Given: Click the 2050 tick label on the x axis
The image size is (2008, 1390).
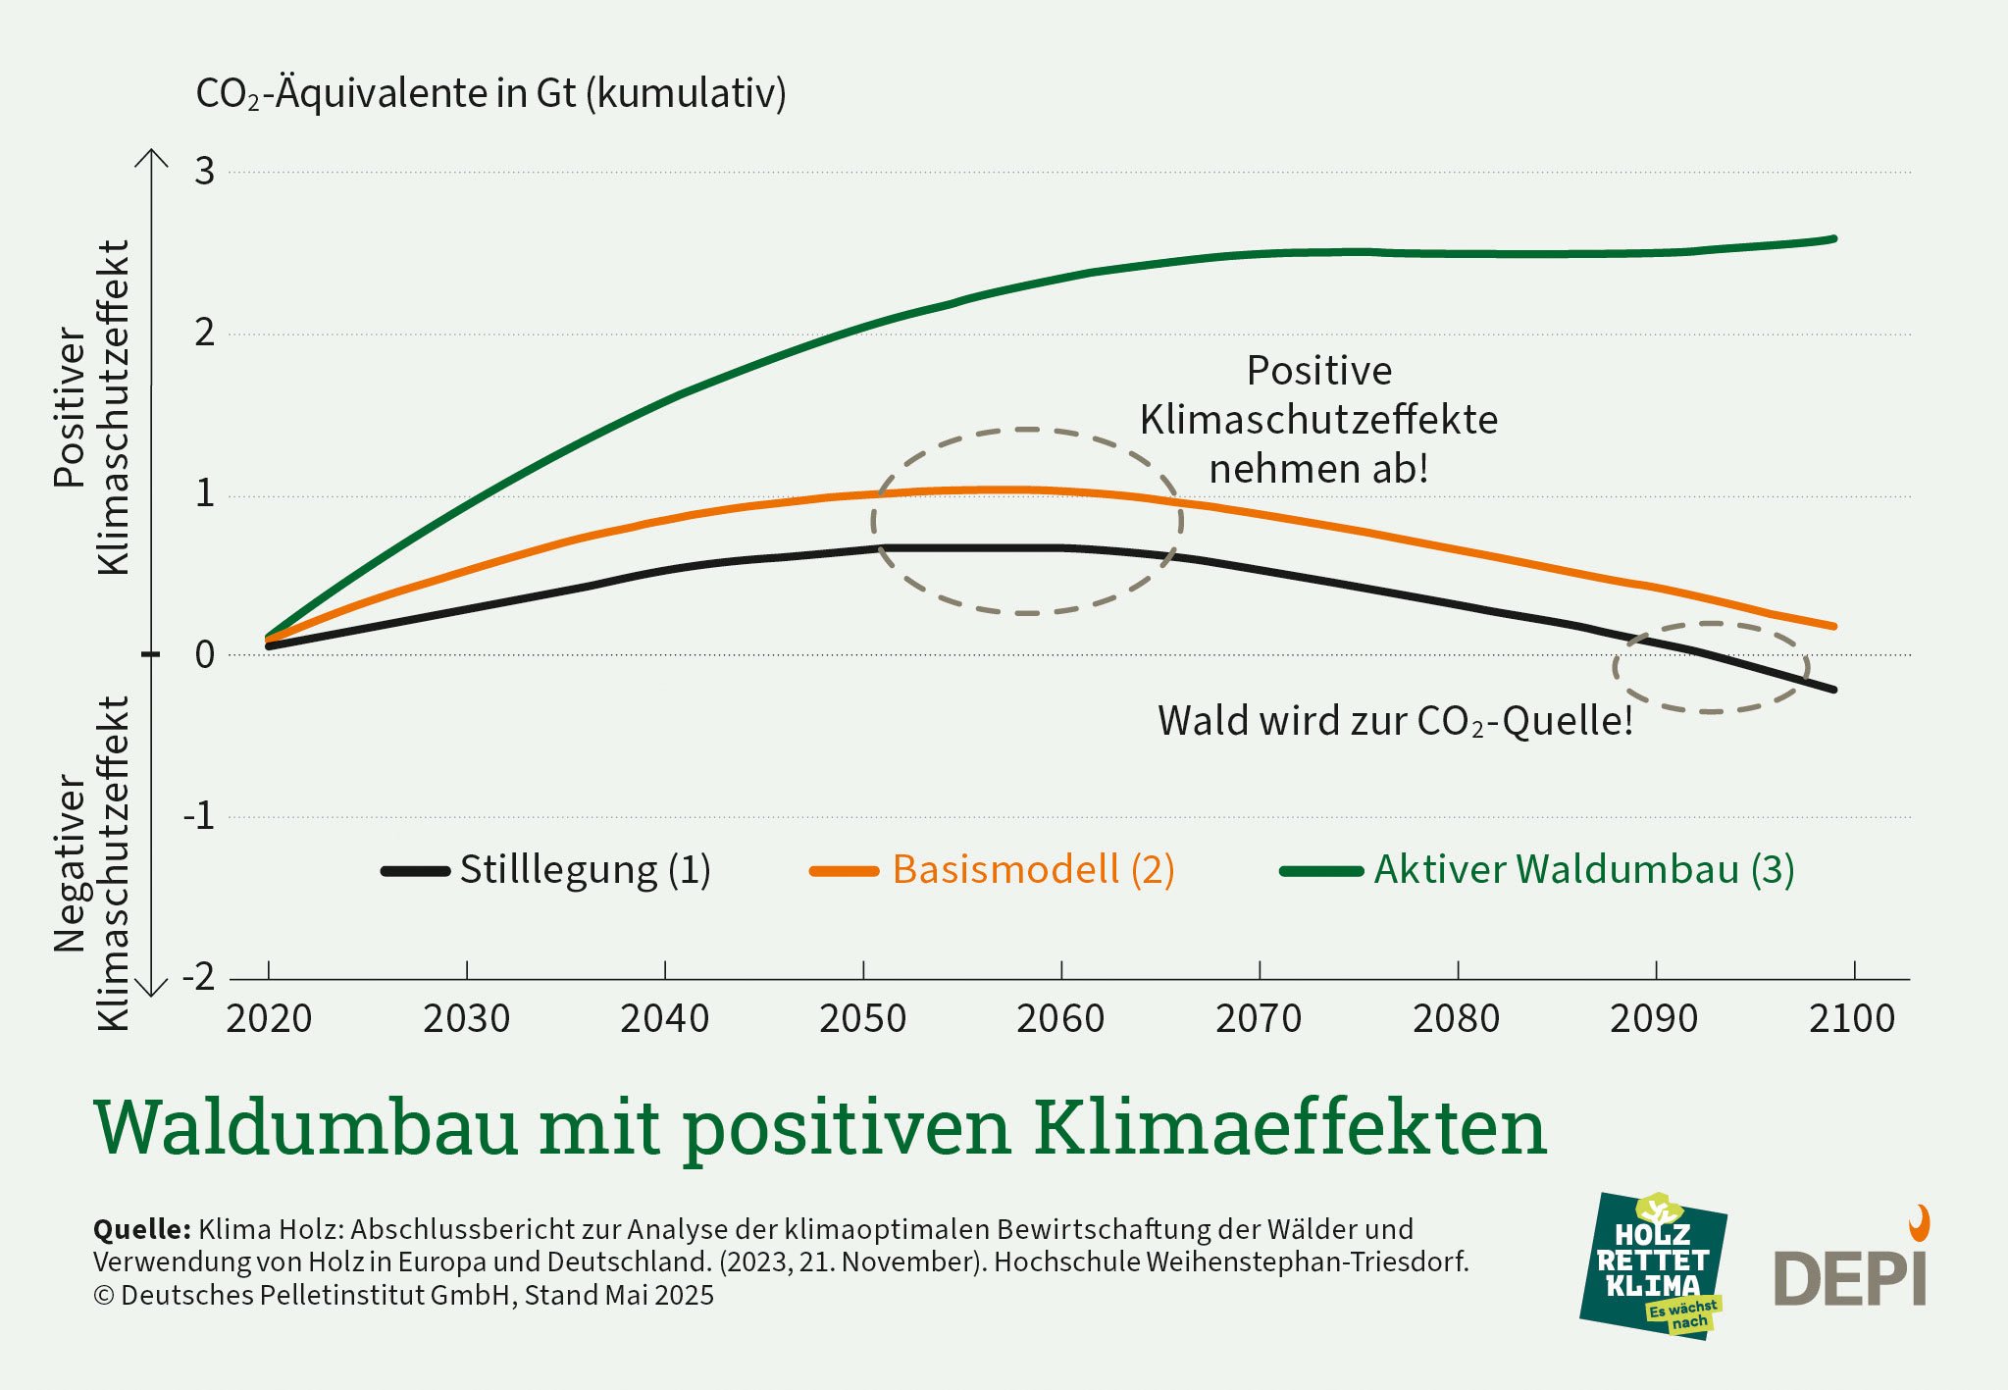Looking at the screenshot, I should coord(862,1019).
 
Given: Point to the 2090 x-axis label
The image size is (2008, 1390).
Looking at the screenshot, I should coord(1654,1019).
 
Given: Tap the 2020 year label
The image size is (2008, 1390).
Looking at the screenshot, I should coord(269,1019).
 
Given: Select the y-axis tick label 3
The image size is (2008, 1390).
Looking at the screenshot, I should coord(204,172).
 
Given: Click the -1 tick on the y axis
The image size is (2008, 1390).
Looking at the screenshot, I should coord(199,816).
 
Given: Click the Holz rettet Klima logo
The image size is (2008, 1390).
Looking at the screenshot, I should coord(1654,1265).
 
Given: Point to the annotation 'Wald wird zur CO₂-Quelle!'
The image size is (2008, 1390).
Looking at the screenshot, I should coord(1395,721).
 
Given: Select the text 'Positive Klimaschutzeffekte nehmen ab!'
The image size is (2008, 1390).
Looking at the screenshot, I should coord(1318,420).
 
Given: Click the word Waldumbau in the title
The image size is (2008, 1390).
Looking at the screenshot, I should coord(306,1128).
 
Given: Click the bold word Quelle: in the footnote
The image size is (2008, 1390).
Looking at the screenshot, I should coord(141,1229).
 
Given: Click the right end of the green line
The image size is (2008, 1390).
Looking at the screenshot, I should coord(1832,239).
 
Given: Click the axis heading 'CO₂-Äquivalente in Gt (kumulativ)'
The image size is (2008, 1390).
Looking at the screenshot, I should coord(490,94).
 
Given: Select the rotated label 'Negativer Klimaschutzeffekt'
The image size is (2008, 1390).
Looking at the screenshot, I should coord(91,863).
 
